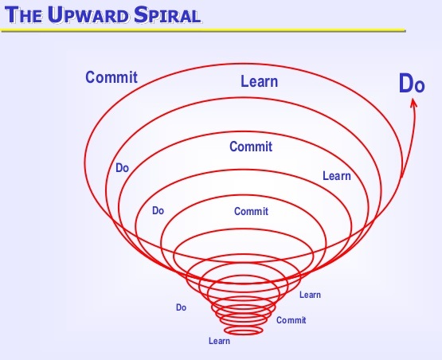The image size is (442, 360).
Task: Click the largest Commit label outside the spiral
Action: pyautogui.click(x=111, y=77)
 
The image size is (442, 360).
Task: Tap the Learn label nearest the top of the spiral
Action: pyautogui.click(x=259, y=80)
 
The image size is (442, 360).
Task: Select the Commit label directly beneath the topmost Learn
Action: pyautogui.click(x=251, y=147)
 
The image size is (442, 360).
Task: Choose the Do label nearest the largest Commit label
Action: pyautogui.click(x=123, y=168)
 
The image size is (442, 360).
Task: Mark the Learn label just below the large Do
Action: pyautogui.click(x=336, y=175)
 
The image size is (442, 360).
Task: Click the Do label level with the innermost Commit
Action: pyautogui.click(x=158, y=211)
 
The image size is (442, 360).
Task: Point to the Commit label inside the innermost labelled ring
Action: pyautogui.click(x=251, y=212)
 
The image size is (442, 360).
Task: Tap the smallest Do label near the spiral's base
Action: pyautogui.click(x=181, y=307)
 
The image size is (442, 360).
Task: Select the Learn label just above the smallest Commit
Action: pyautogui.click(x=310, y=295)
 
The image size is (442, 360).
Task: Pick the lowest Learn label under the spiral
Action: pyautogui.click(x=219, y=342)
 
